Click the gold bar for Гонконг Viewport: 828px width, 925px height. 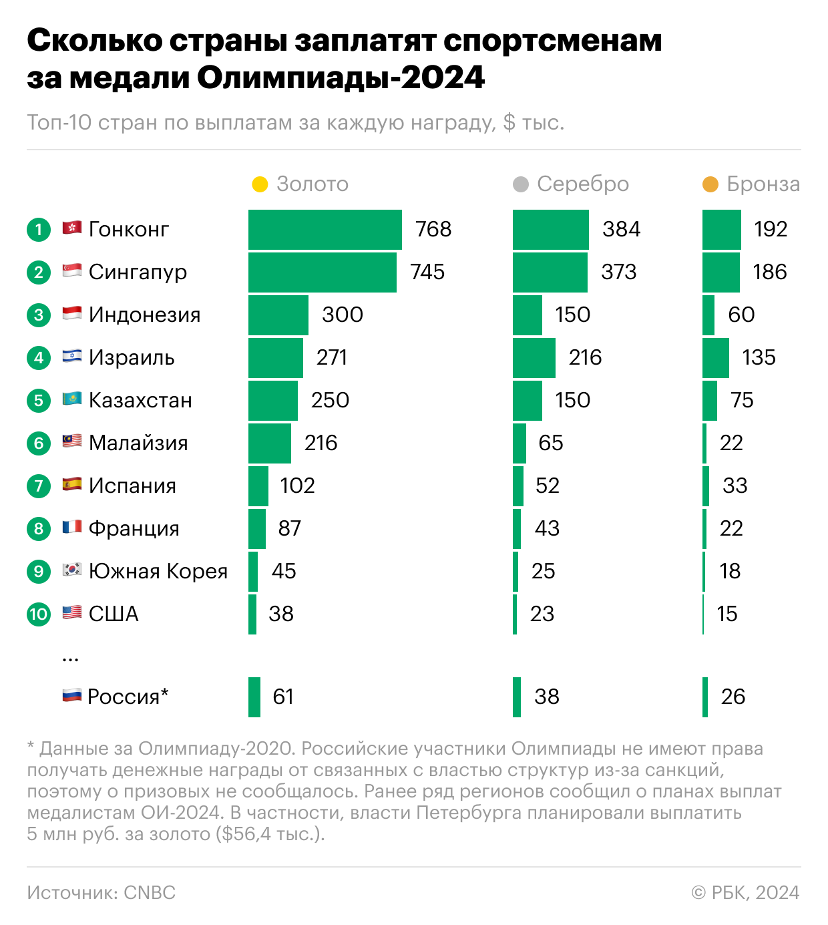point(325,230)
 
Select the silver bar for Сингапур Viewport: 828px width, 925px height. point(550,272)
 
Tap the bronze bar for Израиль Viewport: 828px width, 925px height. point(715,358)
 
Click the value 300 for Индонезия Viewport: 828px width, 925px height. point(342,315)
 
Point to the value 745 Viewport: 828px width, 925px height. point(427,272)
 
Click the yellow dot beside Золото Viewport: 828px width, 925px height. point(260,184)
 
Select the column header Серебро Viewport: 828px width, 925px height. point(583,184)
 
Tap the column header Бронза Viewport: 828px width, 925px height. point(763,184)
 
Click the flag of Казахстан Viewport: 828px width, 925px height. point(72,399)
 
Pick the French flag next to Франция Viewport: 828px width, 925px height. point(72,528)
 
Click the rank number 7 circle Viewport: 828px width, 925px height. point(39,486)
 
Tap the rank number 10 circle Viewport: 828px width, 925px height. point(39,614)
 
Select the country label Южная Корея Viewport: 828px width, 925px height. point(158,572)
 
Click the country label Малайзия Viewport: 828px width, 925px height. point(138,443)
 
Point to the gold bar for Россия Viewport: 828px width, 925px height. point(254,697)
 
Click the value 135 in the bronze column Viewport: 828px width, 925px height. point(759,357)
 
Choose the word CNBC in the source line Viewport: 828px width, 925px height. point(150,893)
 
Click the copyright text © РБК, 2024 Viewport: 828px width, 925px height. point(745,893)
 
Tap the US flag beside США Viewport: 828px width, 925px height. point(72,612)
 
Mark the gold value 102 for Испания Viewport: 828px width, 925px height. point(297,486)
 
